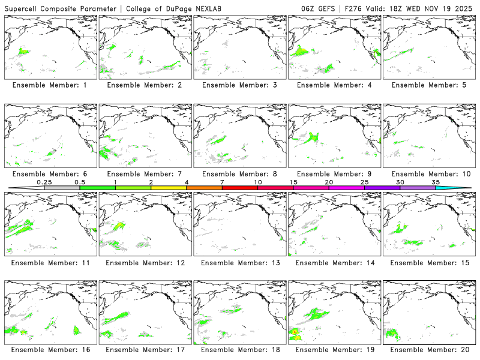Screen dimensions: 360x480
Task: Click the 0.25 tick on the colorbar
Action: (x=44, y=182)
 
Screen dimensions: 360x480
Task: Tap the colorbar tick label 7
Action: (x=222, y=182)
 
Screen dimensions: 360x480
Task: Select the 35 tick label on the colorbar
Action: (x=436, y=182)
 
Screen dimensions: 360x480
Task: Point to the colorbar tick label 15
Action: (x=293, y=182)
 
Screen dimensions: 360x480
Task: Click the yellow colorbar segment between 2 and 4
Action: (x=169, y=188)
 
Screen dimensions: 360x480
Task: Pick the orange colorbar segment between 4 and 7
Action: (x=204, y=188)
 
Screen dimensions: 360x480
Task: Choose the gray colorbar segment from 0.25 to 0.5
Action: (x=62, y=188)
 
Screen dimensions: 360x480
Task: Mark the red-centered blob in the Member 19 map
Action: (x=295, y=331)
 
